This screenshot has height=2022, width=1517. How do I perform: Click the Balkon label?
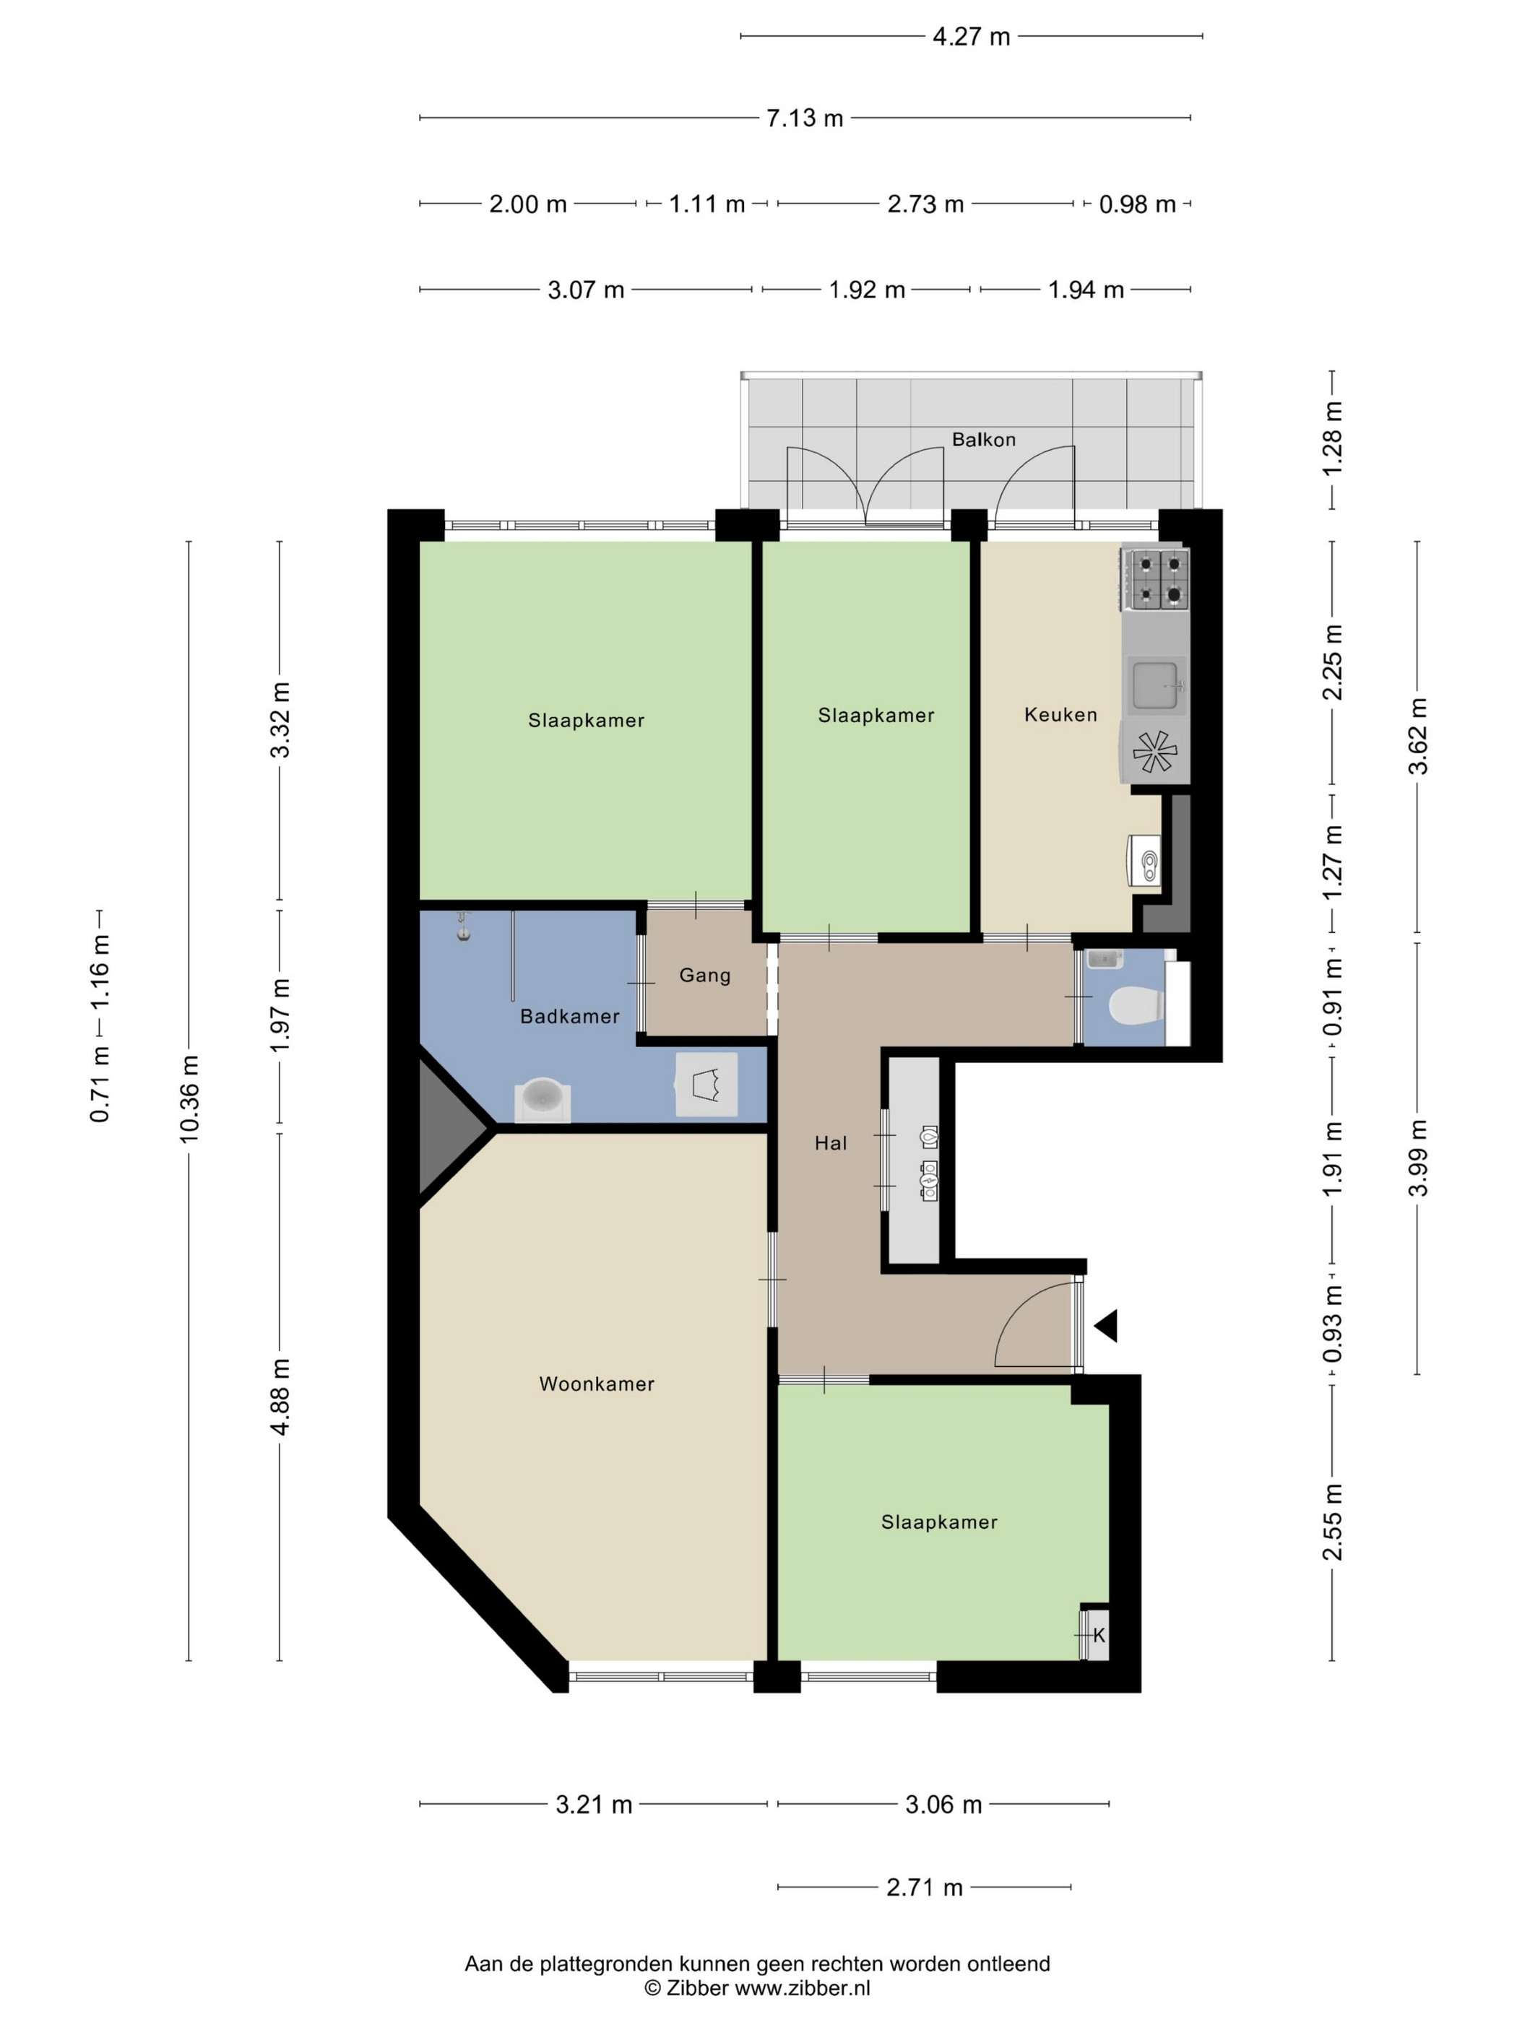(x=983, y=440)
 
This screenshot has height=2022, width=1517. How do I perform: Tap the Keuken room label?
(x=1060, y=715)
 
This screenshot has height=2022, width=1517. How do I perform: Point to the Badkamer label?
(x=570, y=1017)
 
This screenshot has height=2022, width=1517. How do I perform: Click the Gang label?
(x=704, y=976)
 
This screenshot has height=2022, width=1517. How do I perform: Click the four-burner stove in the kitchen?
(x=1155, y=578)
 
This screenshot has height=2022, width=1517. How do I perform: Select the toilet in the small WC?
(x=1135, y=1005)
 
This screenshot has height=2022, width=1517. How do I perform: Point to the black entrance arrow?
(x=1107, y=1325)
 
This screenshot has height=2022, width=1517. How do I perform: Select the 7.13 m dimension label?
(x=805, y=118)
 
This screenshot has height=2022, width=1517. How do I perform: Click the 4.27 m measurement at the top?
(x=971, y=37)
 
